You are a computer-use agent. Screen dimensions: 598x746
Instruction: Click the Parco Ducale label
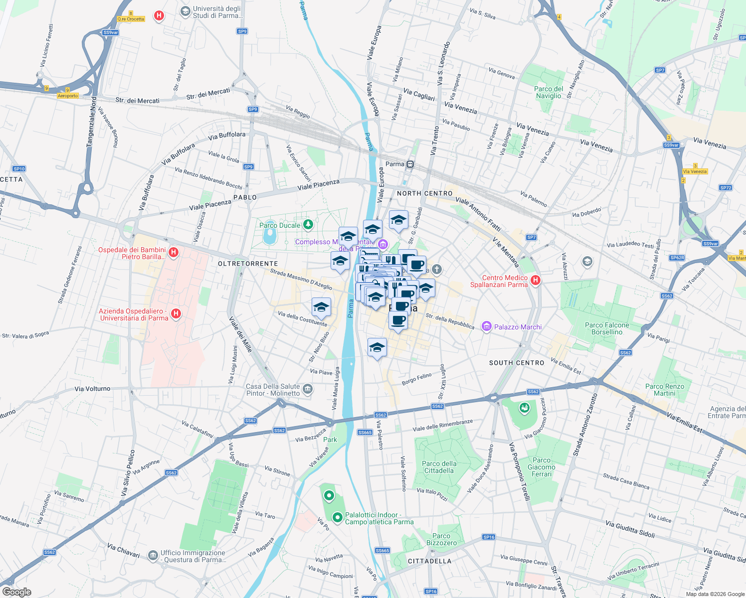click(x=280, y=225)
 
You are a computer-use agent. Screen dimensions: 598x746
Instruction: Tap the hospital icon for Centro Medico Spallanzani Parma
click(x=536, y=280)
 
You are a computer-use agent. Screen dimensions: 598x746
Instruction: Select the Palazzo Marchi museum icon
click(x=486, y=326)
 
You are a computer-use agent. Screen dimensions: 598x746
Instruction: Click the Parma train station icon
click(x=410, y=164)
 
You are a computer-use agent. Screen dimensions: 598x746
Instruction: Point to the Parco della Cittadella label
click(x=439, y=467)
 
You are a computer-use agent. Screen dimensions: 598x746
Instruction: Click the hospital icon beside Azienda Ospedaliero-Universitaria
click(x=176, y=313)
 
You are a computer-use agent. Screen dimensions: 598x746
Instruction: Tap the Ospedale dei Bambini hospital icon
click(x=174, y=252)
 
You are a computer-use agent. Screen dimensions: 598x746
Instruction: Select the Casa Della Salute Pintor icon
click(x=308, y=389)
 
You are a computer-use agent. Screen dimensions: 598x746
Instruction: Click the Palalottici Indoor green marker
click(x=338, y=518)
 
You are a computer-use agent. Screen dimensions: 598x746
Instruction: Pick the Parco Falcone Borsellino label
click(x=607, y=328)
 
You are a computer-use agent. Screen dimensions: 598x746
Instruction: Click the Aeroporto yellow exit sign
click(x=68, y=96)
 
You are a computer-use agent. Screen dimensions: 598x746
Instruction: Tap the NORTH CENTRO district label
click(x=425, y=193)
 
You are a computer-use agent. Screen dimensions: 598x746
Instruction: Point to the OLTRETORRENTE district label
click(x=248, y=264)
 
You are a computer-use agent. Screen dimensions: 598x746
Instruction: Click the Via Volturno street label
click(x=92, y=389)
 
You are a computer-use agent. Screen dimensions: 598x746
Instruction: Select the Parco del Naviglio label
click(x=549, y=92)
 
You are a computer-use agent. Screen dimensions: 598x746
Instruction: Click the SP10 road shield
click(x=19, y=169)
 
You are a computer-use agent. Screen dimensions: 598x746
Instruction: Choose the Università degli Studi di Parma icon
click(x=186, y=11)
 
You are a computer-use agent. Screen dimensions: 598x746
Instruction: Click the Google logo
click(x=16, y=592)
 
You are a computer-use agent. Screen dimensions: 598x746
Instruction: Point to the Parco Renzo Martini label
click(x=665, y=390)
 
